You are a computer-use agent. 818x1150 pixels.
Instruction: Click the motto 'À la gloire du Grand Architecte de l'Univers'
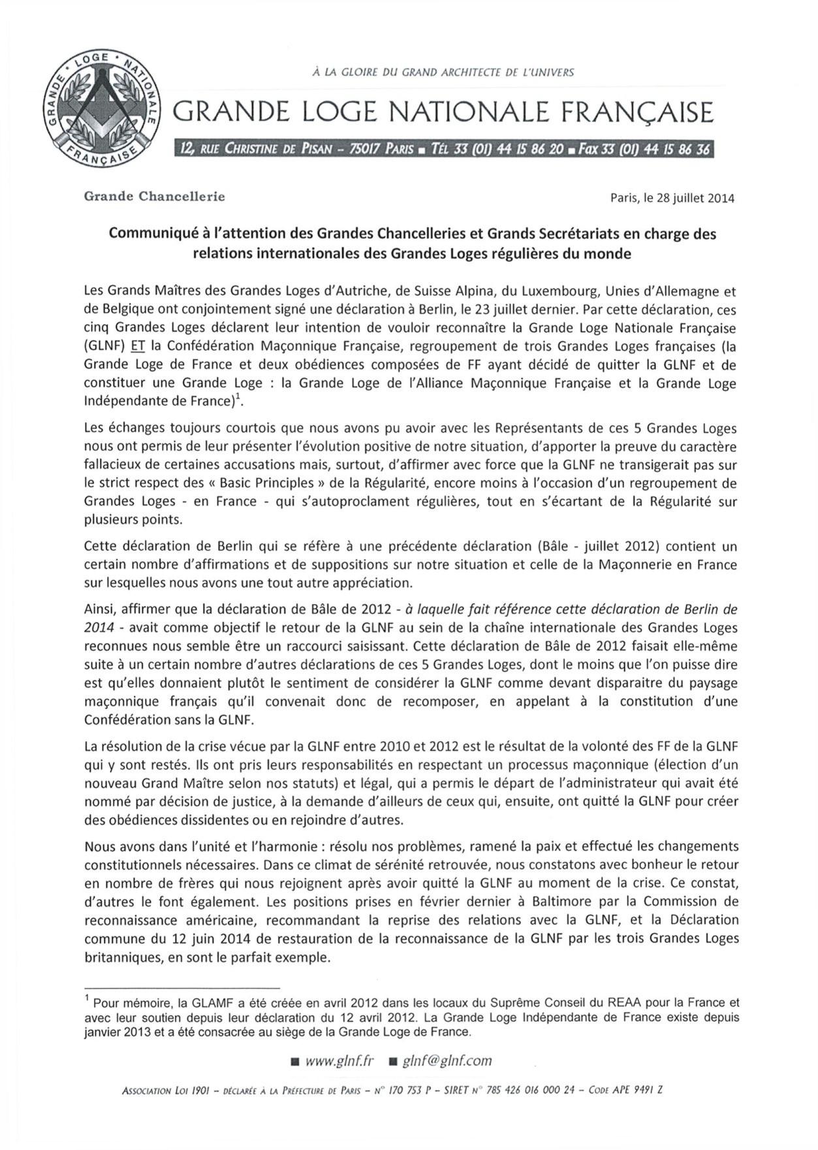pos(443,72)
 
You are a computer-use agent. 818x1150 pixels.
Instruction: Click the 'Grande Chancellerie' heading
pos(154,196)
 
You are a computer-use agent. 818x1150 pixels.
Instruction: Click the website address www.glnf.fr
pos(339,1061)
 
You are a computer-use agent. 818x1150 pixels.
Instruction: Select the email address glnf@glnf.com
pos(447,1061)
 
